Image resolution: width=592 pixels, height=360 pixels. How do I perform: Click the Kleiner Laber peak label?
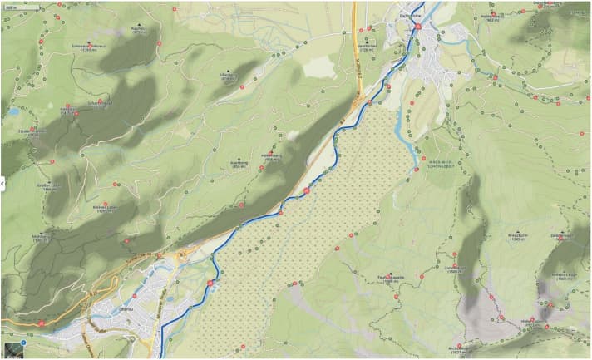tap(104, 209)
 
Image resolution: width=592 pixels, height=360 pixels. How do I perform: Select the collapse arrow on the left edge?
tap(3, 180)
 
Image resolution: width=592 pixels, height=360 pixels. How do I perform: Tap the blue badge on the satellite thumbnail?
tap(23, 343)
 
